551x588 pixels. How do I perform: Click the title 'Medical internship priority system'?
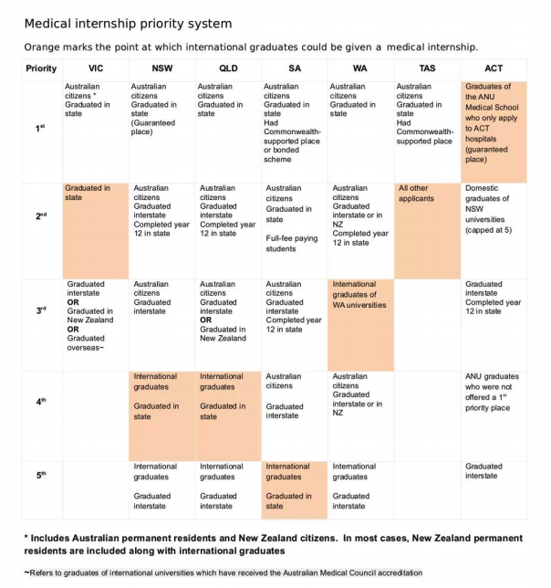click(x=128, y=23)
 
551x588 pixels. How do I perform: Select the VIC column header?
click(x=96, y=68)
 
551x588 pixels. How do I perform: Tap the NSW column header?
click(x=161, y=68)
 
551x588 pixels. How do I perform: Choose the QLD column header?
click(x=228, y=68)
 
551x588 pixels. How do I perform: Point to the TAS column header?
click(x=427, y=68)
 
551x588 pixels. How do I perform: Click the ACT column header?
click(x=494, y=68)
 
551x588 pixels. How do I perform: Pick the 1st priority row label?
click(x=40, y=129)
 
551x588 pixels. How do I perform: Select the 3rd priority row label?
click(x=40, y=310)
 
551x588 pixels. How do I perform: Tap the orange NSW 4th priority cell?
click(x=161, y=415)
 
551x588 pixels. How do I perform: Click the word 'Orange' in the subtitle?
click(x=44, y=47)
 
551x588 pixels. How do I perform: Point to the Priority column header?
click(x=40, y=68)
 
